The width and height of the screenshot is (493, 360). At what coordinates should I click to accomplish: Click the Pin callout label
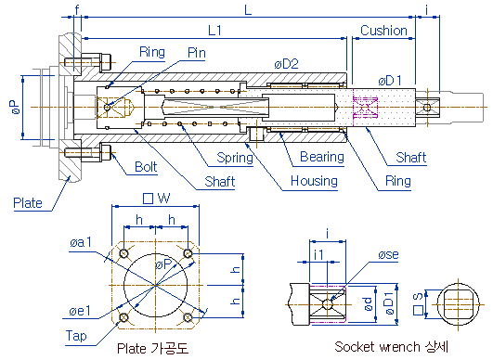pyautogui.click(x=197, y=53)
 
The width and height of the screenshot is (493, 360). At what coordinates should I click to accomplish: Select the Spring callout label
pyautogui.click(x=235, y=158)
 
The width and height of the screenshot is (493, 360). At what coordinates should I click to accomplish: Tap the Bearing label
pyautogui.click(x=322, y=157)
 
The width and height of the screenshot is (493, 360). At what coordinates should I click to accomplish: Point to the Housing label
pyautogui.click(x=314, y=181)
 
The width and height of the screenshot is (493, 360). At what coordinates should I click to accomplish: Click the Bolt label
pyautogui.click(x=146, y=167)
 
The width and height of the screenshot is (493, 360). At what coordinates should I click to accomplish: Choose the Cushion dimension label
pyautogui.click(x=383, y=31)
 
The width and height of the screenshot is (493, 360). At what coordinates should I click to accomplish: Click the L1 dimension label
pyautogui.click(x=215, y=31)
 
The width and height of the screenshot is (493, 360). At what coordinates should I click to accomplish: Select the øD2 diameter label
pyautogui.click(x=286, y=64)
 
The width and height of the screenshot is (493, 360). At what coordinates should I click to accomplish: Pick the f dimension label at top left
pyautogui.click(x=77, y=9)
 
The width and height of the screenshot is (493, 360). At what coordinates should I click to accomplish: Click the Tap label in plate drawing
pyautogui.click(x=76, y=336)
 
